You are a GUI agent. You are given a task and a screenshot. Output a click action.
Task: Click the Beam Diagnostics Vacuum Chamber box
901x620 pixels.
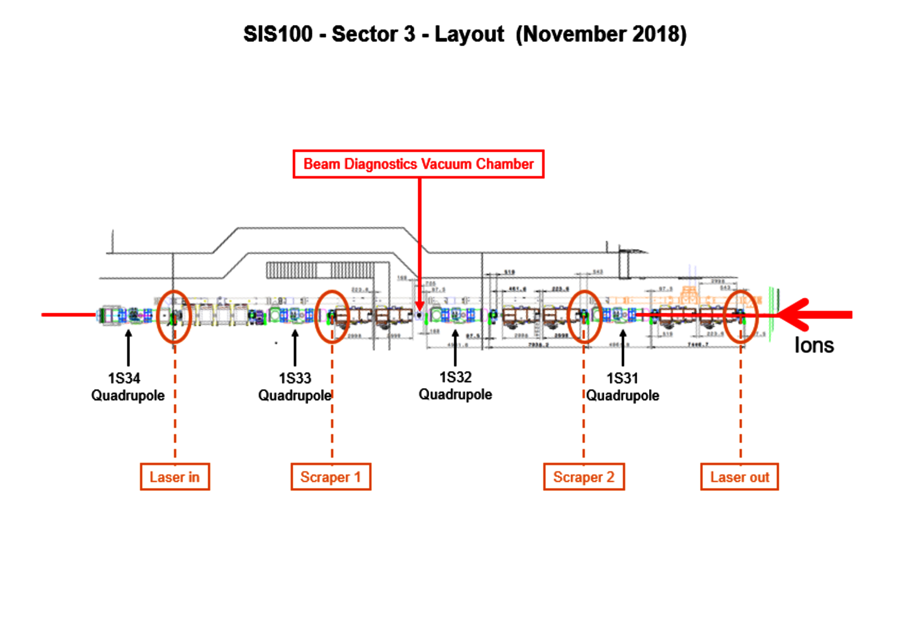pos(418,164)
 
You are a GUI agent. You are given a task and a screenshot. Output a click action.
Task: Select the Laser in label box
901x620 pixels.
pos(174,477)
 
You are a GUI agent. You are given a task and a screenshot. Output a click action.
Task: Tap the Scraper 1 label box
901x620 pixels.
pos(331,477)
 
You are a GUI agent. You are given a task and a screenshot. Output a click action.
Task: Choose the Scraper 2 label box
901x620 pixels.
pos(584,477)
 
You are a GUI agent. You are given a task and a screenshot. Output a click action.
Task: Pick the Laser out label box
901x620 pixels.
pos(739,477)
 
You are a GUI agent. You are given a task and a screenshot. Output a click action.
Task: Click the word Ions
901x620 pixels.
pos(814,346)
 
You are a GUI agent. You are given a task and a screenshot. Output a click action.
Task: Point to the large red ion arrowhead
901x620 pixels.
pos(795,315)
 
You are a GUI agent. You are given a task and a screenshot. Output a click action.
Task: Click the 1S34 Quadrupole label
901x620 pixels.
pos(127,386)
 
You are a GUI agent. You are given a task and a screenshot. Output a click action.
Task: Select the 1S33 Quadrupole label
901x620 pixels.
pos(294,386)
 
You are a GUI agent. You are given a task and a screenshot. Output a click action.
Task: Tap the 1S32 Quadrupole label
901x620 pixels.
pos(455,386)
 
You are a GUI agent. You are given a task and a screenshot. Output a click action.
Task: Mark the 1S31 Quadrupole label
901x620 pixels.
pos(623,386)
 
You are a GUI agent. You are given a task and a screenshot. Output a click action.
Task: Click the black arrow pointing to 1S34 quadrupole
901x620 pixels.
pos(129,347)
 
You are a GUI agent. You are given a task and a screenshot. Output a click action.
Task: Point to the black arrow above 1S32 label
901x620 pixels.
pos(455,348)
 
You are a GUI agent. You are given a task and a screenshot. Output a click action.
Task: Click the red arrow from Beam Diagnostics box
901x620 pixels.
pos(420,241)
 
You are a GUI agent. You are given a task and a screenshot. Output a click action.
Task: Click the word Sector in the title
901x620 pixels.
pos(373,34)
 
